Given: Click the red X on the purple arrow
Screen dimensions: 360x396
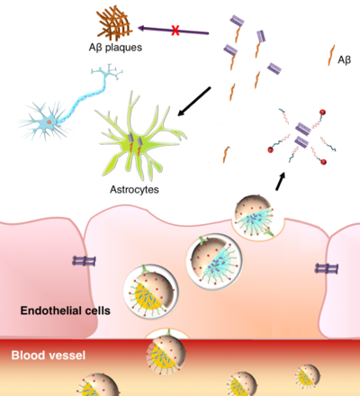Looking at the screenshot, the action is coord(175,31).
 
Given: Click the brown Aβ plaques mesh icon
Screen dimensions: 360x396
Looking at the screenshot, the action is coord(113,24).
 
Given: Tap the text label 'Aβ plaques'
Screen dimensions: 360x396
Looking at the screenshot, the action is coord(115,48).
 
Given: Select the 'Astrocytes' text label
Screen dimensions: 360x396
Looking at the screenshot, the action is coord(134,190).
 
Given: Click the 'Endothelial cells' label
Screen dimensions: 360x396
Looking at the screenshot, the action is coord(66,310).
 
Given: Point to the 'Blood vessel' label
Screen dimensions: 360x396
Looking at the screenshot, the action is coord(49,355).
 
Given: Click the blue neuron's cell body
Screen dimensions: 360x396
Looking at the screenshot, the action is coord(49,121).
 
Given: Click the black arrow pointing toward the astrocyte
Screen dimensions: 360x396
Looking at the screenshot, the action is coord(194,102).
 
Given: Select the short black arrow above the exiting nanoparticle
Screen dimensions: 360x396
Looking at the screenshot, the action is coord(280,181).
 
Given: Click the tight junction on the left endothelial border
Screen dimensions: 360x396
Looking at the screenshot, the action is coord(84,261).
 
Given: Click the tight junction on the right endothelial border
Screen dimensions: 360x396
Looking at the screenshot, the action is coord(327,268).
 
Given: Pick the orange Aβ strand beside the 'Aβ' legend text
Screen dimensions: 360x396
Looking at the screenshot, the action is coord(331,55).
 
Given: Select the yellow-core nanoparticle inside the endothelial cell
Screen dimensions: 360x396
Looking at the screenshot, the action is coord(151,292).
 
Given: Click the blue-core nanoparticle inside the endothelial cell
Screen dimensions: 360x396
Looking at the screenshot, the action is coord(214,261).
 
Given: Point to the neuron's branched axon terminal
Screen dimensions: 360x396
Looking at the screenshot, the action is coord(107,71).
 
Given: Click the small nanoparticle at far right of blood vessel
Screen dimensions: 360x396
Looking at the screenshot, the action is coord(307,377).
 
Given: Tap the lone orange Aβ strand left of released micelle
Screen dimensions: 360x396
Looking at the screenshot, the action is coord(226,155).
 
